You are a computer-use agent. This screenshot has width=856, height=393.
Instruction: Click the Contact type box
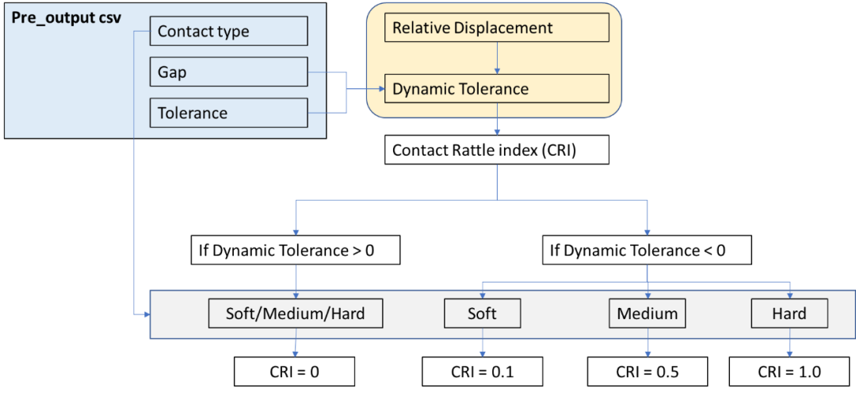[x=228, y=32]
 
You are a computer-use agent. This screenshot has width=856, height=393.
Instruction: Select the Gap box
[x=228, y=73]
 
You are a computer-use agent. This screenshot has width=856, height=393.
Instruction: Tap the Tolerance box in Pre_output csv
[x=228, y=114]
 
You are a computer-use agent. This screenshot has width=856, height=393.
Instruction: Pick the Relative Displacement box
[x=497, y=28]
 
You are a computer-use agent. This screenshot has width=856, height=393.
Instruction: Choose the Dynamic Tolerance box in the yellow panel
[x=497, y=89]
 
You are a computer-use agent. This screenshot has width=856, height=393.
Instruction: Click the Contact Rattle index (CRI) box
[x=497, y=149]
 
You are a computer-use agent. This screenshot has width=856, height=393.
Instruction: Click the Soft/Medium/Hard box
[x=296, y=314]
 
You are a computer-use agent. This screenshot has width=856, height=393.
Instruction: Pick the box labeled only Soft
[x=483, y=314]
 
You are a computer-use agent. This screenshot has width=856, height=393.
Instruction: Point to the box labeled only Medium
[x=647, y=314]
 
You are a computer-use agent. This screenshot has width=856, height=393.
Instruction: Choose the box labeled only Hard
[x=790, y=314]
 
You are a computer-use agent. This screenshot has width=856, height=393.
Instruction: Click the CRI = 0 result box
[x=296, y=372]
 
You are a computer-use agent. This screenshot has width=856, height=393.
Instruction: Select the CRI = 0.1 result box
[x=483, y=372]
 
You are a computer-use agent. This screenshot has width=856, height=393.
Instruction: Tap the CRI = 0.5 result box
[x=647, y=372]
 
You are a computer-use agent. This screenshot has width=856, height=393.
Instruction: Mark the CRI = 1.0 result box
[x=790, y=372]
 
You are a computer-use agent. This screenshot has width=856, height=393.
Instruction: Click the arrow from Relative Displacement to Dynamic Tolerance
[x=497, y=58]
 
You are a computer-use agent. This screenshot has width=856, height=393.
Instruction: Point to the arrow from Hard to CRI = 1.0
[x=790, y=343]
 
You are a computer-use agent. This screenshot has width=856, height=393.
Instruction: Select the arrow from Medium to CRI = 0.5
[x=647, y=343]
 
